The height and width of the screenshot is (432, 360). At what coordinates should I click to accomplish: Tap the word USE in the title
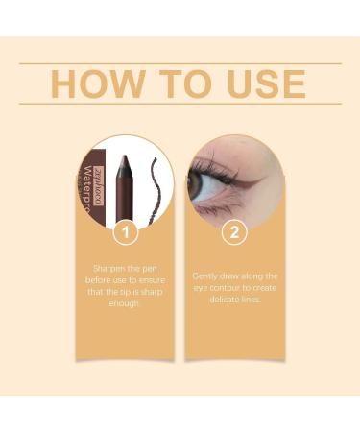tap(260, 84)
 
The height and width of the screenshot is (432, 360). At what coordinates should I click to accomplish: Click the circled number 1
tap(126, 231)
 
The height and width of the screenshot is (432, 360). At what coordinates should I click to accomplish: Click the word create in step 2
tap(265, 287)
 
